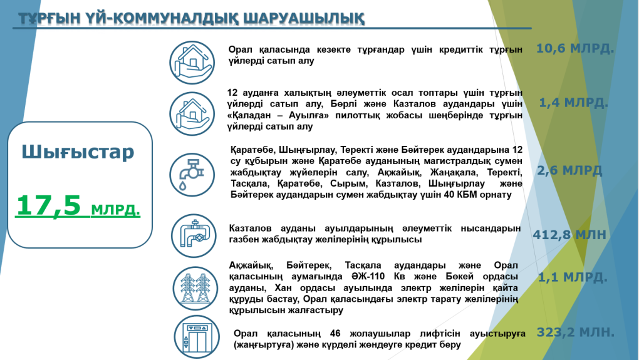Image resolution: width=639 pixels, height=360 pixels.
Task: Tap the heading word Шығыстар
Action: (x=78, y=153)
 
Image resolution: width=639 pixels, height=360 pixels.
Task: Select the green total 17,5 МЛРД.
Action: (x=78, y=205)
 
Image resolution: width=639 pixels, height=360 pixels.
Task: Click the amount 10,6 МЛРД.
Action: (x=575, y=48)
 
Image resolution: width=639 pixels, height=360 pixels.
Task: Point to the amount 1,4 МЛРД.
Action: (x=573, y=103)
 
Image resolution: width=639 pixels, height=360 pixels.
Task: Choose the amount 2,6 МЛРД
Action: (x=569, y=170)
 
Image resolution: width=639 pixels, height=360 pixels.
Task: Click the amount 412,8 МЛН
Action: (x=569, y=235)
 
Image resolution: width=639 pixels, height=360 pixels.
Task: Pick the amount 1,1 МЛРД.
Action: (x=573, y=277)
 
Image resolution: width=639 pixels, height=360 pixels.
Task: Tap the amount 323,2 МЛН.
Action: (x=575, y=332)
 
